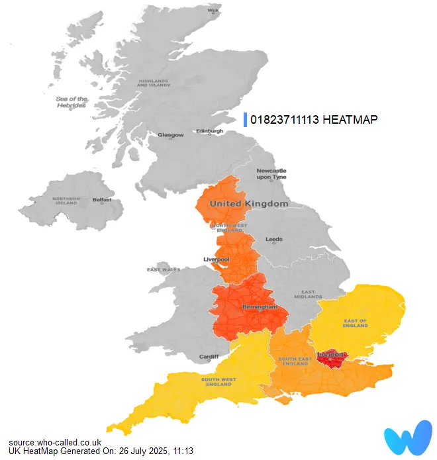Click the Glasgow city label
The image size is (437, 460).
click(x=170, y=135)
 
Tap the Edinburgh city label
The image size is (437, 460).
click(x=210, y=131)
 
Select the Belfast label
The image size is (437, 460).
click(x=102, y=199)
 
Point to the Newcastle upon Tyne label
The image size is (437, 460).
click(x=271, y=174)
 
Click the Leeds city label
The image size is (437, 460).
click(x=273, y=239)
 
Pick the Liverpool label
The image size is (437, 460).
click(x=216, y=259)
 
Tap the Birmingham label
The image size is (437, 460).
click(x=259, y=308)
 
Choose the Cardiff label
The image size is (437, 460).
click(x=209, y=357)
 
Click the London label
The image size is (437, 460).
click(x=330, y=355)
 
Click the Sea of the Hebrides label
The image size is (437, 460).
click(x=72, y=102)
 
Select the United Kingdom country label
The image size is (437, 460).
click(x=249, y=204)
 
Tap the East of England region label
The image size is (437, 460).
click(x=355, y=324)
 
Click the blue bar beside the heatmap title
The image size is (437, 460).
click(x=245, y=120)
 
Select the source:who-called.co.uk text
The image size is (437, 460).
click(x=55, y=441)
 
